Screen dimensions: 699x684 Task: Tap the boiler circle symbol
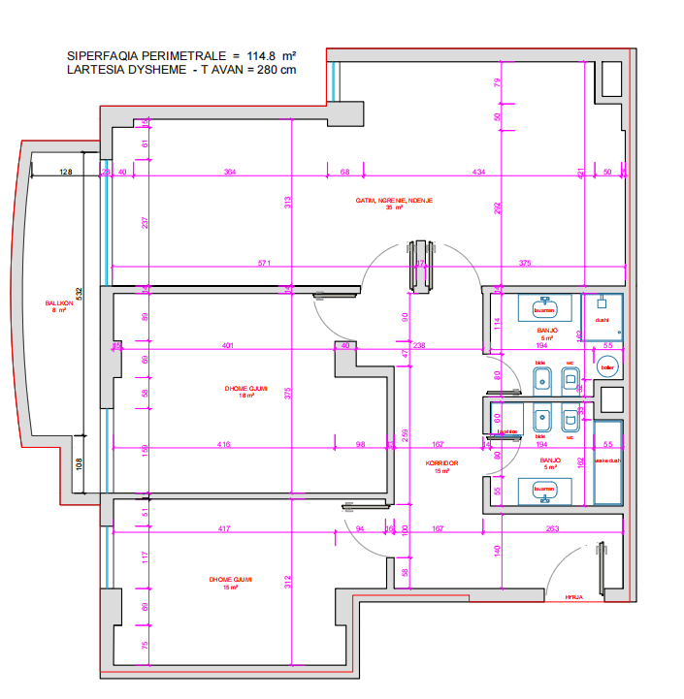pyautogui.click(x=608, y=367)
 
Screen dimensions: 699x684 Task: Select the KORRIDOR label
pyautogui.click(x=441, y=464)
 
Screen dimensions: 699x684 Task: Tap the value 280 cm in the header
pyautogui.click(x=277, y=71)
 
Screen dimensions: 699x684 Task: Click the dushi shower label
pyautogui.click(x=601, y=319)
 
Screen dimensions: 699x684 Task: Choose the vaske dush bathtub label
pyautogui.click(x=606, y=461)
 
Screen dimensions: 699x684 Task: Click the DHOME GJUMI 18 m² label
pyautogui.click(x=239, y=391)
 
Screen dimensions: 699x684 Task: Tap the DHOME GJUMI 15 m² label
pyautogui.click(x=231, y=583)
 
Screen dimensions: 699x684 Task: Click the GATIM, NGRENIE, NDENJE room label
pyautogui.click(x=394, y=203)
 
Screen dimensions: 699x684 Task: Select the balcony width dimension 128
pyautogui.click(x=65, y=172)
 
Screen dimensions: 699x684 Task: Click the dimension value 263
pyautogui.click(x=552, y=528)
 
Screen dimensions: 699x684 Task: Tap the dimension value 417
pyautogui.click(x=224, y=528)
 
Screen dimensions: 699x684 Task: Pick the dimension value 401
pyautogui.click(x=228, y=345)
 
